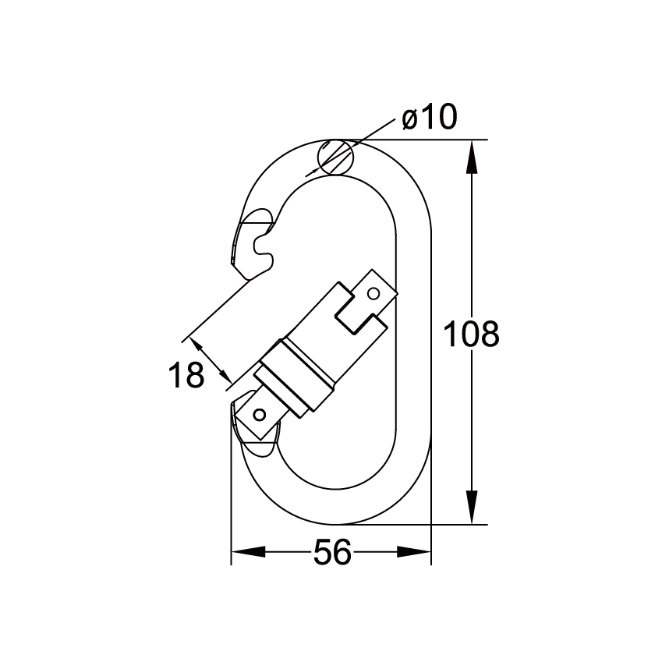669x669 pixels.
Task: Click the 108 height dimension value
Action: coord(470,334)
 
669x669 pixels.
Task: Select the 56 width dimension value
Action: coord(331,554)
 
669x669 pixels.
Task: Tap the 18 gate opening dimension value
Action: coord(186,376)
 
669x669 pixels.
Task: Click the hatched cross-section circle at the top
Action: coord(335,157)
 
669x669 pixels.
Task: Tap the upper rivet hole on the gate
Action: coord(373,293)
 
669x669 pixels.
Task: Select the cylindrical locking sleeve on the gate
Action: coord(296,375)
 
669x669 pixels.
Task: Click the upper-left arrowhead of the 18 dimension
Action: coord(197,345)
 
